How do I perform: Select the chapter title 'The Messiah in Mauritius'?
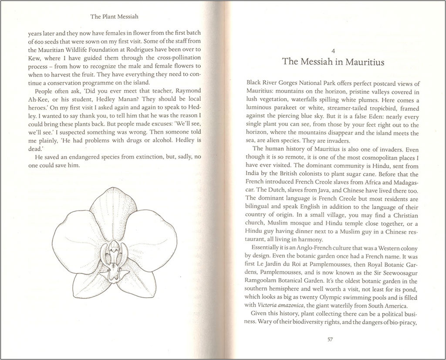tap(333, 61)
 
